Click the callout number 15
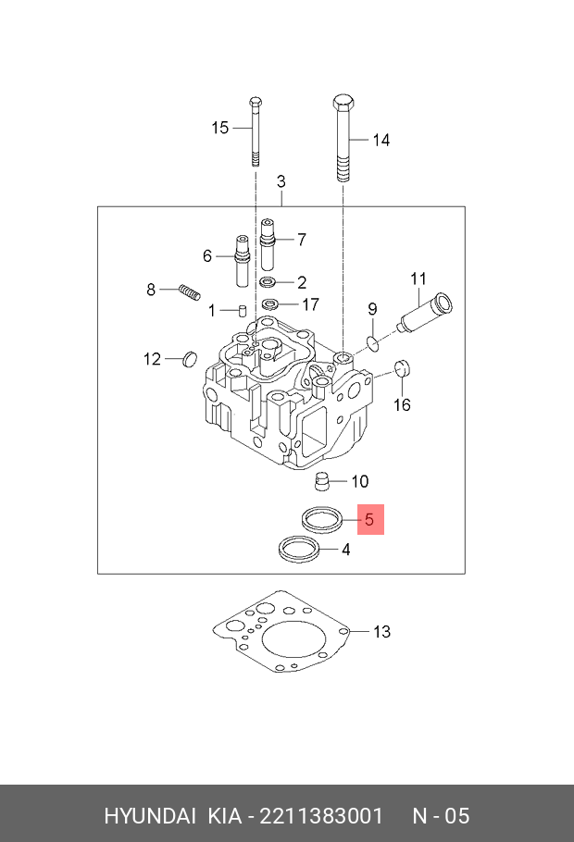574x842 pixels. pyautogui.click(x=219, y=128)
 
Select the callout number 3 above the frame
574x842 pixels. pyautogui.click(x=281, y=181)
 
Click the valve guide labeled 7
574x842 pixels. pyautogui.click(x=268, y=241)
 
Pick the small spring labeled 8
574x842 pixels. pyautogui.click(x=189, y=292)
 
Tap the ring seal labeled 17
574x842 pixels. pyautogui.click(x=270, y=304)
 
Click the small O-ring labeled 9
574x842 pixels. pyautogui.click(x=372, y=344)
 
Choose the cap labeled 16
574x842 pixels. pyautogui.click(x=402, y=367)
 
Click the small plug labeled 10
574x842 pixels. pyautogui.click(x=323, y=481)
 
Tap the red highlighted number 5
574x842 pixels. pyautogui.click(x=369, y=520)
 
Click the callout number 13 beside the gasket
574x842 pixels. pyautogui.click(x=382, y=632)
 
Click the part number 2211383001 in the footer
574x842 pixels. pyautogui.click(x=321, y=815)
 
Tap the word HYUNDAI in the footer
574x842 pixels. pyautogui.click(x=149, y=815)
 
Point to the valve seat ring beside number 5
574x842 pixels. pyautogui.click(x=319, y=518)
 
